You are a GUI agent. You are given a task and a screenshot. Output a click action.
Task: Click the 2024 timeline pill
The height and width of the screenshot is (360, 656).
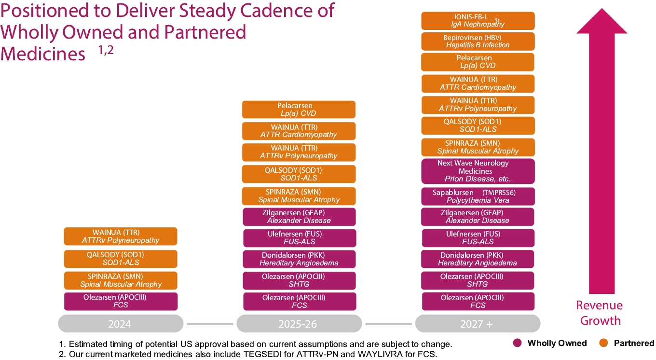click(x=120, y=323)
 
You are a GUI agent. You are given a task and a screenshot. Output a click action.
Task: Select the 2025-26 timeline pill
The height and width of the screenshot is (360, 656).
click(x=299, y=323)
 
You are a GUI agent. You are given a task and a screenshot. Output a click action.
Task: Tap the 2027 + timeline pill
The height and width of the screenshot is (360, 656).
click(x=478, y=323)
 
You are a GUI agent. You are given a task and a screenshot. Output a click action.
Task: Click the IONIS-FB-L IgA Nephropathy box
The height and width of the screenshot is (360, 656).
click(x=478, y=21)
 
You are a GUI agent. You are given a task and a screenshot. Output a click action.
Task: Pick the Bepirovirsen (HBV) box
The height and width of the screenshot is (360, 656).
click(x=478, y=41)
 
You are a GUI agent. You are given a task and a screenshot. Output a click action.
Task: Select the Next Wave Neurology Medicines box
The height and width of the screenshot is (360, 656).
click(x=478, y=171)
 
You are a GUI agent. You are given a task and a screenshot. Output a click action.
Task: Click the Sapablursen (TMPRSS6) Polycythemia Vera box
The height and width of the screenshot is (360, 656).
click(x=478, y=196)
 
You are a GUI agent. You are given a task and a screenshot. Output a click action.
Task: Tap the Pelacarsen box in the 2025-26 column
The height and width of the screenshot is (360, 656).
click(x=299, y=110)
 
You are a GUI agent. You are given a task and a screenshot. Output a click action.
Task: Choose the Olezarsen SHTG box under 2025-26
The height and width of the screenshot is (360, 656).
click(x=299, y=280)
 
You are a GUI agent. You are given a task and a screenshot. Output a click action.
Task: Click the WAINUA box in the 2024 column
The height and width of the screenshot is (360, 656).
click(x=121, y=236)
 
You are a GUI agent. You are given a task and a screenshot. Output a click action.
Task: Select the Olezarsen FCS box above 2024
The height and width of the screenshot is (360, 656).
click(x=121, y=301)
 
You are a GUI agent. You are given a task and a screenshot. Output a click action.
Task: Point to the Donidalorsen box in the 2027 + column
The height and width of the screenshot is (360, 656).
click(x=478, y=259)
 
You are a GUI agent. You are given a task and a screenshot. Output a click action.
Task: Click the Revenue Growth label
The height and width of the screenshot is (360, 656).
click(x=600, y=313)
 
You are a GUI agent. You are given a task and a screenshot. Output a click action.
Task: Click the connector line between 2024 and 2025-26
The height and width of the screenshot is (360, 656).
click(x=210, y=323)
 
